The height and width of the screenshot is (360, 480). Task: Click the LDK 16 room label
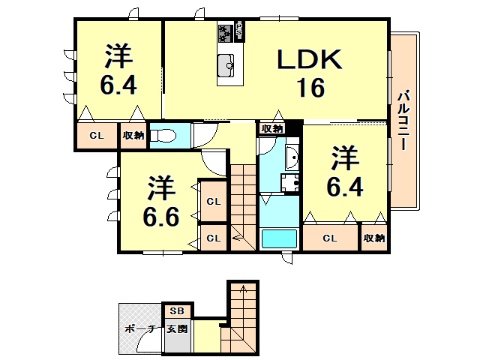coord(310,73)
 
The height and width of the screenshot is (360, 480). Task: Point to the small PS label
coord(239,31)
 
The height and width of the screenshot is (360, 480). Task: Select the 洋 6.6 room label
coord(160,202)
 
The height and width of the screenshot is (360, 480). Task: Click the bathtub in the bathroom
coord(278,239)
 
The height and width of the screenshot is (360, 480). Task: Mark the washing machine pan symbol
coord(290,182)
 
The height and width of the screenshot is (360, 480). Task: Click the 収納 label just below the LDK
coord(272,128)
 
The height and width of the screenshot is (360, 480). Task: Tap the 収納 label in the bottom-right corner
coord(373,238)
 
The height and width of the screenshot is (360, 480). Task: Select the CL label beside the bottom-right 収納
coord(330,238)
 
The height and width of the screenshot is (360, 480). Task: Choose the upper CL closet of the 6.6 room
coord(214,201)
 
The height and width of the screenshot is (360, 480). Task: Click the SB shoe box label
coord(178,310)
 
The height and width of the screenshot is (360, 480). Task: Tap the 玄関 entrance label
coord(178,328)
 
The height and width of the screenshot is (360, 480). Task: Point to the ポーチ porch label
coord(139,328)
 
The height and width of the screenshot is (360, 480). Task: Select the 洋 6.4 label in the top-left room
coord(118,70)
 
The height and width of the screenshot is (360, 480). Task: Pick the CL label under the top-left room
coord(96,136)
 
